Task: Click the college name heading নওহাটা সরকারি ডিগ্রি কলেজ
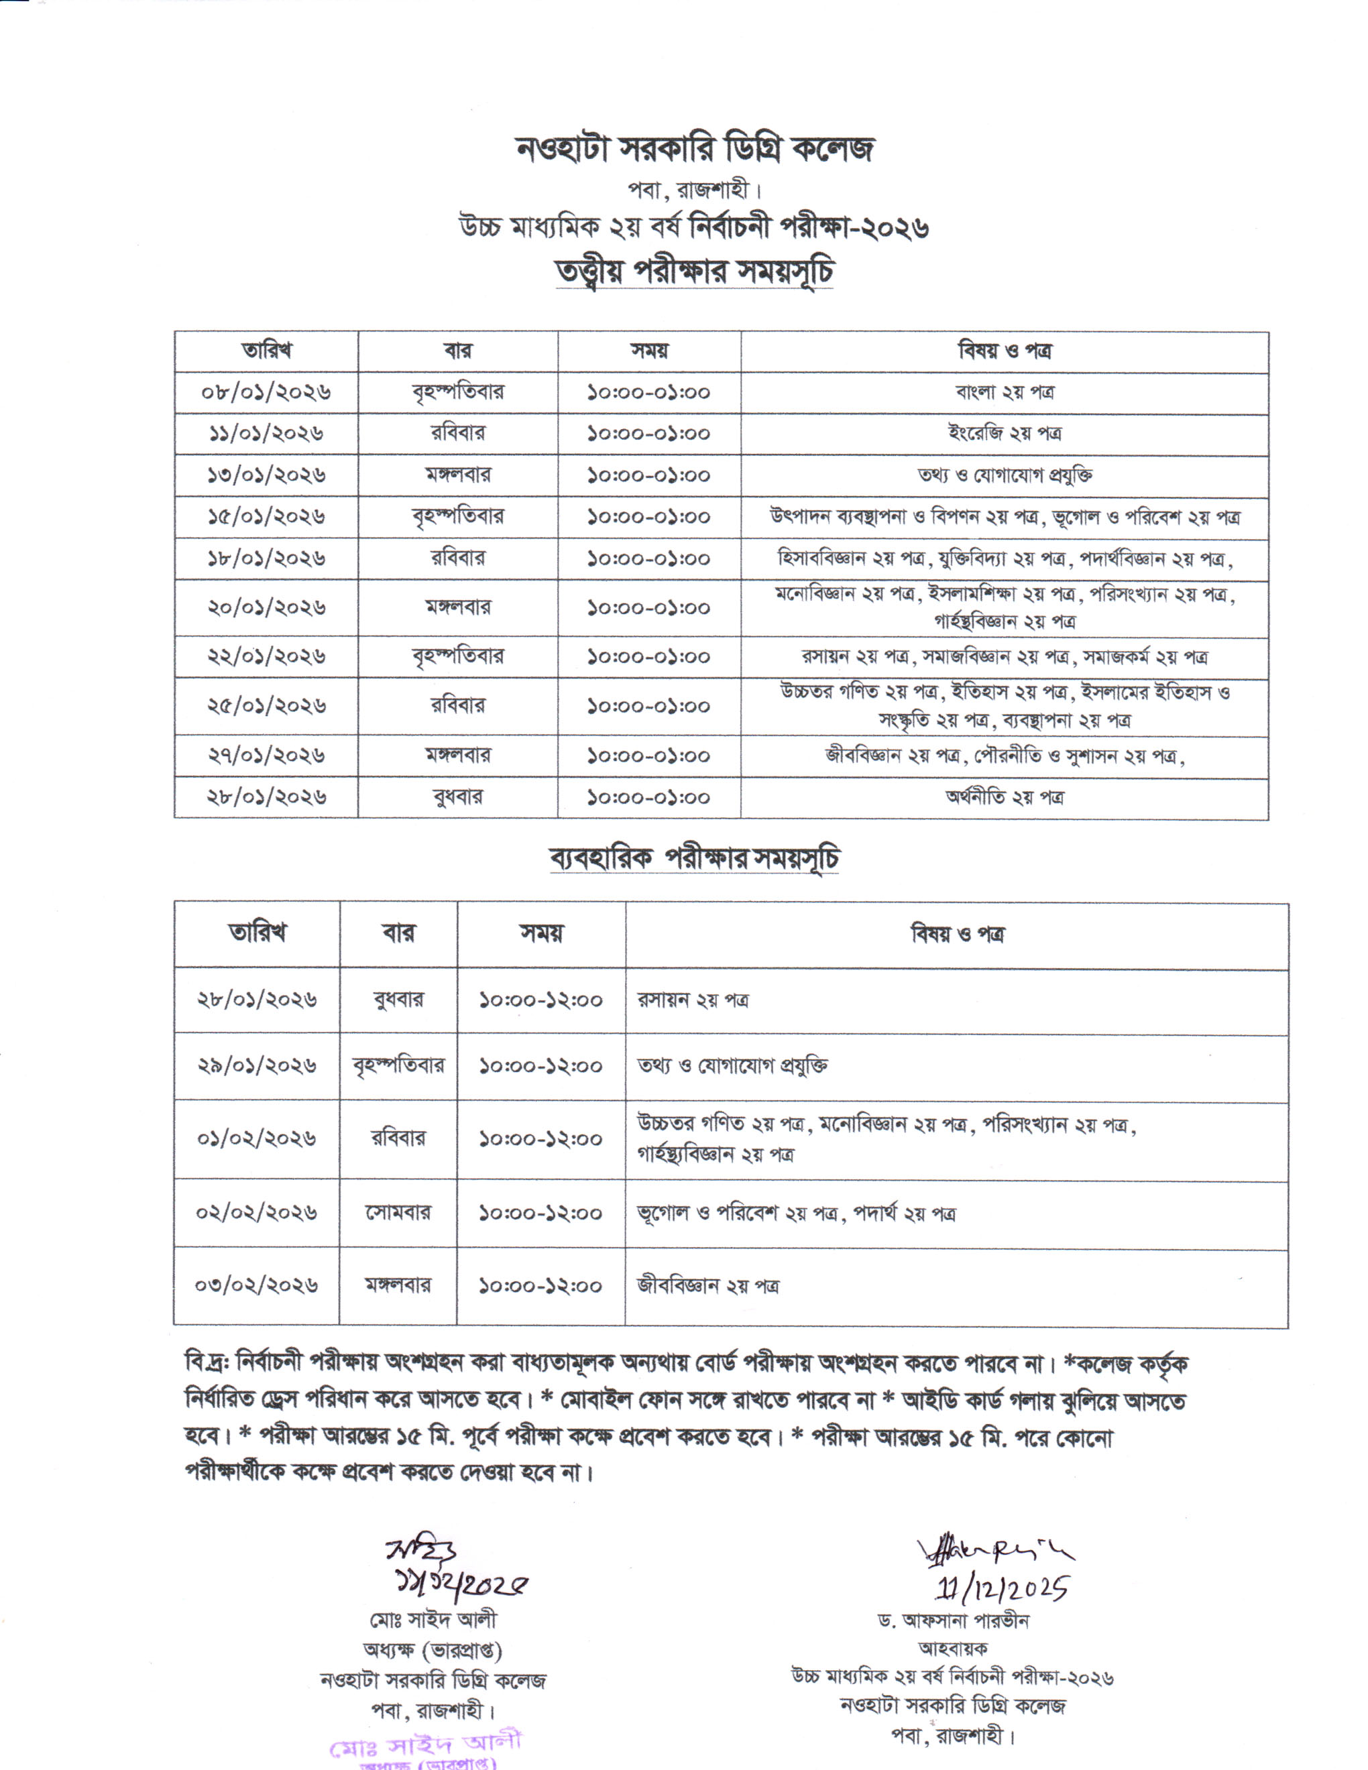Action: (x=695, y=149)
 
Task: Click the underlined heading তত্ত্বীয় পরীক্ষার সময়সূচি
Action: (x=695, y=272)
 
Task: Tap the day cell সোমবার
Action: (x=398, y=1214)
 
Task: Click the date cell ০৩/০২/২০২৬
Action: (x=256, y=1285)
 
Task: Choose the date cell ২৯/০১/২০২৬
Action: (x=256, y=1066)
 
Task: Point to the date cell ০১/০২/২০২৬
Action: (x=256, y=1138)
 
